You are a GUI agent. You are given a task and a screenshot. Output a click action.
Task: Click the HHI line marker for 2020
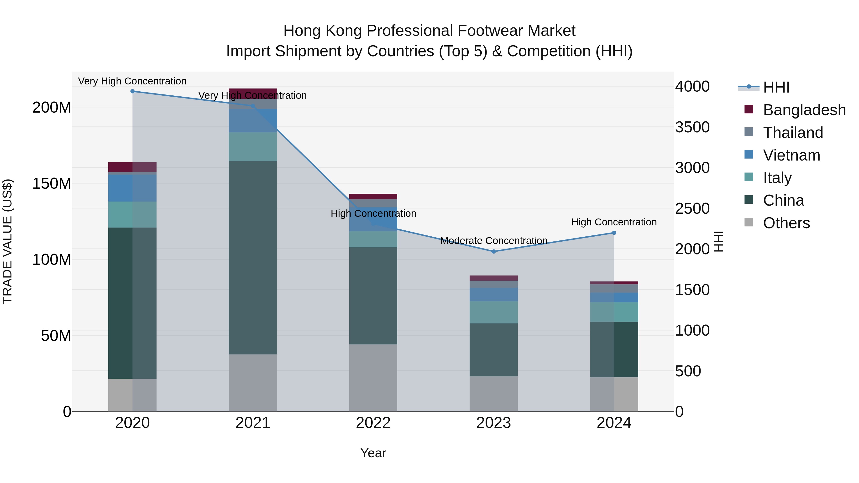pos(132,91)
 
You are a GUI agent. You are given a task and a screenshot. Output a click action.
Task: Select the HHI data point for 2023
pos(493,251)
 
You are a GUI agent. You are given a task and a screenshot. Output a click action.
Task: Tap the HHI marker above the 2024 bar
pos(614,233)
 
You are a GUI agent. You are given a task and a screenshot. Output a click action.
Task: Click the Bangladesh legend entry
pos(804,110)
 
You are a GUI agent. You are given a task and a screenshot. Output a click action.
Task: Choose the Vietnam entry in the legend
pos(791,155)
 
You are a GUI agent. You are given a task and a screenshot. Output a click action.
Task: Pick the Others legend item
pos(786,223)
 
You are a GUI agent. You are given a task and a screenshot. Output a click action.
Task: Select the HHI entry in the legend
pos(776,87)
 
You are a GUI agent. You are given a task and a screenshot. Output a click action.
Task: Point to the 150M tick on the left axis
pos(52,183)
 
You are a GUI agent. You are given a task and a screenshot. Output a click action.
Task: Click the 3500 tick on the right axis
pos(692,127)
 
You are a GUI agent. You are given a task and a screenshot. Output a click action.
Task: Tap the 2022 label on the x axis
pos(373,423)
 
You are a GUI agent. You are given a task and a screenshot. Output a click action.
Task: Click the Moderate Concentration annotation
pos(493,241)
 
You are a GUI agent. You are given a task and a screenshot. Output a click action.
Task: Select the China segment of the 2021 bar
pos(253,257)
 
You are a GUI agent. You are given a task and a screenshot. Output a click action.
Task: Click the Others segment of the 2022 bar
pos(373,377)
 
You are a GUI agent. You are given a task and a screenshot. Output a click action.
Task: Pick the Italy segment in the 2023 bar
pos(493,312)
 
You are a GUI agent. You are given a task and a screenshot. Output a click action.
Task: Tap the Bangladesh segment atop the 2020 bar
pos(132,167)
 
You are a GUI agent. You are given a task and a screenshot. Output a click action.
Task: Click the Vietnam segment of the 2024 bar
pos(614,297)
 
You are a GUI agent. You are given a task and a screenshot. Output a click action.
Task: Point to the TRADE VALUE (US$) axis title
pos(7,241)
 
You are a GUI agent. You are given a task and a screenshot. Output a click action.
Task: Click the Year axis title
pos(373,453)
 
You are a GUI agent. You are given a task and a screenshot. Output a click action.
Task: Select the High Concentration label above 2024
pos(614,222)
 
